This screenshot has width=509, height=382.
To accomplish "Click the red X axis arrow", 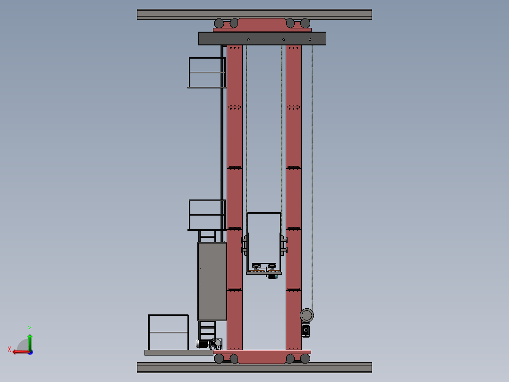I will [17, 351].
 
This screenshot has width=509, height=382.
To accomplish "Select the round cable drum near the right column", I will [307, 315].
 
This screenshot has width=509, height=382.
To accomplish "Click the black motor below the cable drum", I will [306, 330].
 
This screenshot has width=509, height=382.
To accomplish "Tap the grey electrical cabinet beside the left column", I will [212, 281].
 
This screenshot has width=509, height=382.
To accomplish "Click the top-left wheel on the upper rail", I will [219, 23].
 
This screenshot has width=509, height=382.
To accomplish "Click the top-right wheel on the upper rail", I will [305, 23].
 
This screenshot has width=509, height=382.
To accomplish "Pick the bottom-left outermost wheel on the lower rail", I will [219, 359].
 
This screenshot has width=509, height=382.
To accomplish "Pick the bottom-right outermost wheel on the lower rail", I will [305, 359].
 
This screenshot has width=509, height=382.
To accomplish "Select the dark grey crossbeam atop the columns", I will [262, 38].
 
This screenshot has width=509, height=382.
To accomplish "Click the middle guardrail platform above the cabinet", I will [207, 215].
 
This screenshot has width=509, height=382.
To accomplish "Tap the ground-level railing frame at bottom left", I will [168, 332].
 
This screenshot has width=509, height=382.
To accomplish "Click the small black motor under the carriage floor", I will [272, 276].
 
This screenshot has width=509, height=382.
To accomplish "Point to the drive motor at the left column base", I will [204, 344].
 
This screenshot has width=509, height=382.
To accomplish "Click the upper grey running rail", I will [254, 14].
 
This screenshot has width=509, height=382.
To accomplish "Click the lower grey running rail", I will [254, 367].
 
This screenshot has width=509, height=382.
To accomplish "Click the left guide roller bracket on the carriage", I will [244, 245].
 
